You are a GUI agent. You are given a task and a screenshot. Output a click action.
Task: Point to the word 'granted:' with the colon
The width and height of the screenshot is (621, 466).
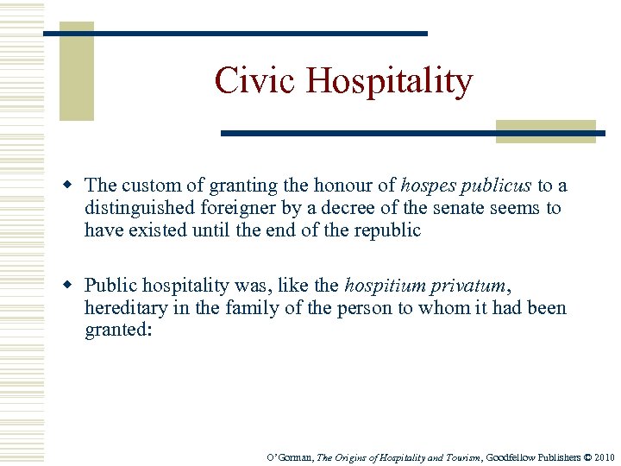click(117, 331)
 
